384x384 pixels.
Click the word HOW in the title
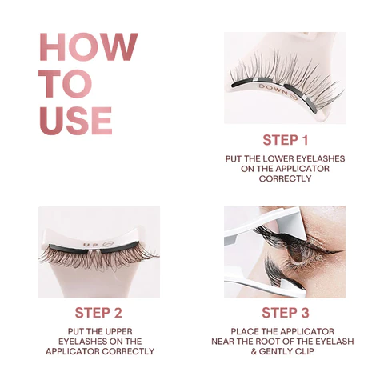(88, 49)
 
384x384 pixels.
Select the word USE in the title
(76, 120)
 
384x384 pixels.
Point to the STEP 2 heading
(99, 313)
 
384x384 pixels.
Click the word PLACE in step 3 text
(245, 330)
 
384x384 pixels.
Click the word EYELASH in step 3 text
(334, 341)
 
